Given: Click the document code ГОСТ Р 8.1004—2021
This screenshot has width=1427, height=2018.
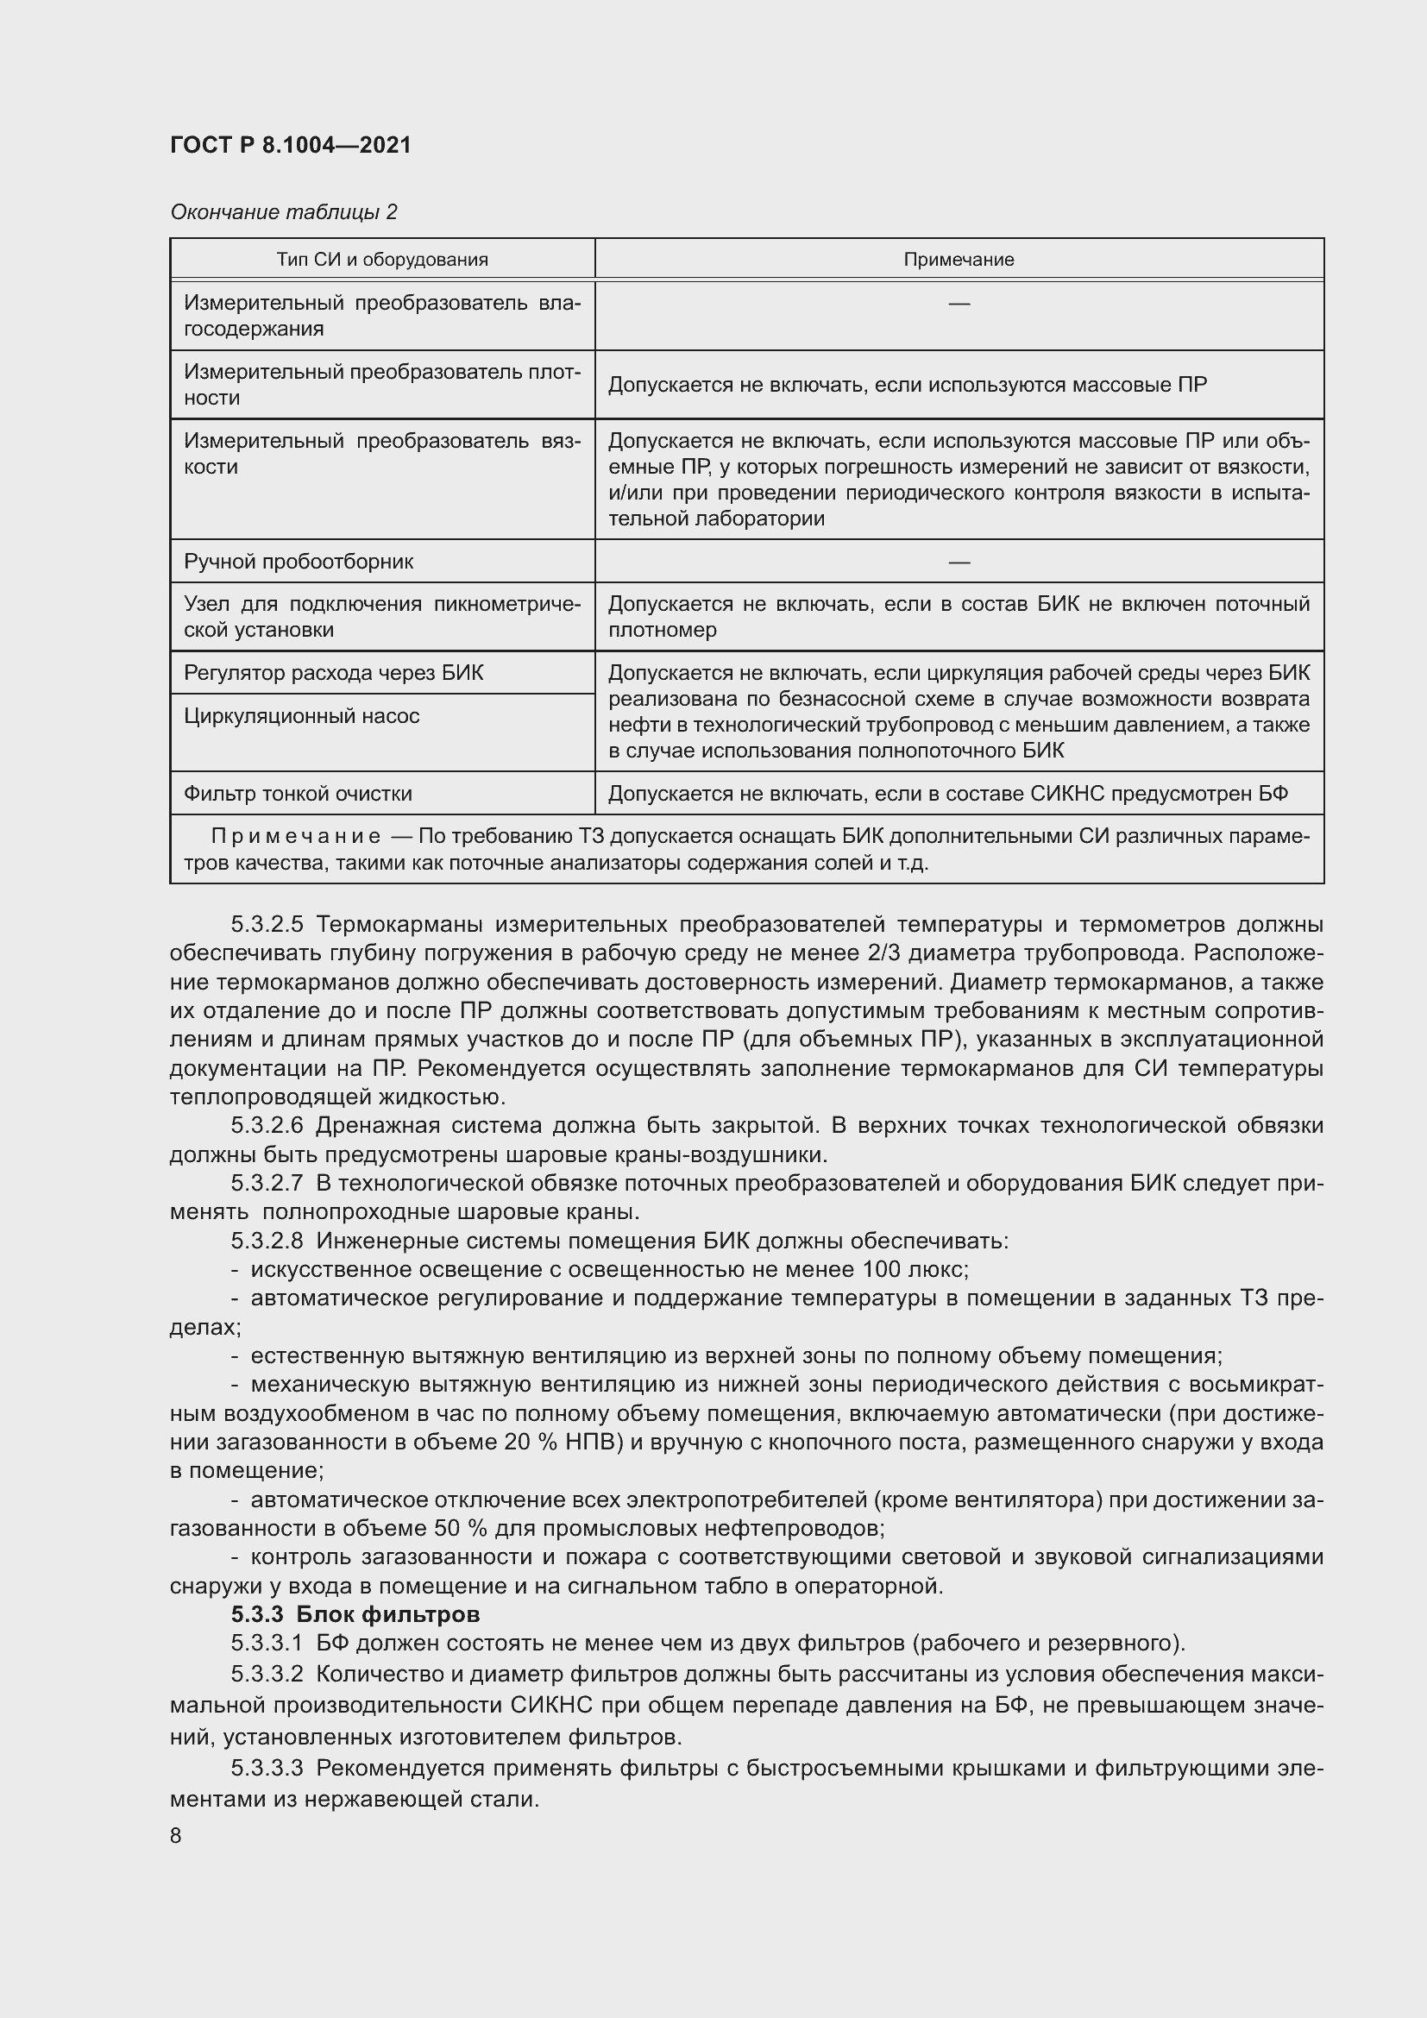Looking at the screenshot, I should (290, 145).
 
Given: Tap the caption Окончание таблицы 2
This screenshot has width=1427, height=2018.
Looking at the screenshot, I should (283, 212).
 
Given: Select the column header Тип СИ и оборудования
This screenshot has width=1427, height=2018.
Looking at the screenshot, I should (382, 260).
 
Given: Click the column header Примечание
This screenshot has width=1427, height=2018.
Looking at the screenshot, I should (959, 260).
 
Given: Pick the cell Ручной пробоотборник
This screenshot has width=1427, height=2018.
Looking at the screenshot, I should (298, 561).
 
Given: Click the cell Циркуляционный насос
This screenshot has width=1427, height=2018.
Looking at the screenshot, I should (301, 715).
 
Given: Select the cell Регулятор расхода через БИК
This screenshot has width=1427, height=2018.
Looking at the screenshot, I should (333, 672).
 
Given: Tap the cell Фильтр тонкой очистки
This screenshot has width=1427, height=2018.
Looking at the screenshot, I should (298, 793).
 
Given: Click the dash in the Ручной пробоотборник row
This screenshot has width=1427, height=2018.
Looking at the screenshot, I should (959, 561).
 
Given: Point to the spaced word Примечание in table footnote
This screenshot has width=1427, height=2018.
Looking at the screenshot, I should (296, 836).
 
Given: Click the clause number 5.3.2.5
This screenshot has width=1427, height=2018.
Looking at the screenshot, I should (267, 925).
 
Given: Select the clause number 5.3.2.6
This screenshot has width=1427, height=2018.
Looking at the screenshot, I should (267, 1126).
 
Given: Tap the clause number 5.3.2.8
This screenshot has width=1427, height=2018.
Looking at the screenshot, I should (267, 1241).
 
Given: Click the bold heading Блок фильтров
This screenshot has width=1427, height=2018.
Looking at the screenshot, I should (387, 1614).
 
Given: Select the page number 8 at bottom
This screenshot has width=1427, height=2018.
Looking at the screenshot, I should (176, 1836).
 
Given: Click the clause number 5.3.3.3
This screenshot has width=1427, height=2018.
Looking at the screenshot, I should (267, 1768).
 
